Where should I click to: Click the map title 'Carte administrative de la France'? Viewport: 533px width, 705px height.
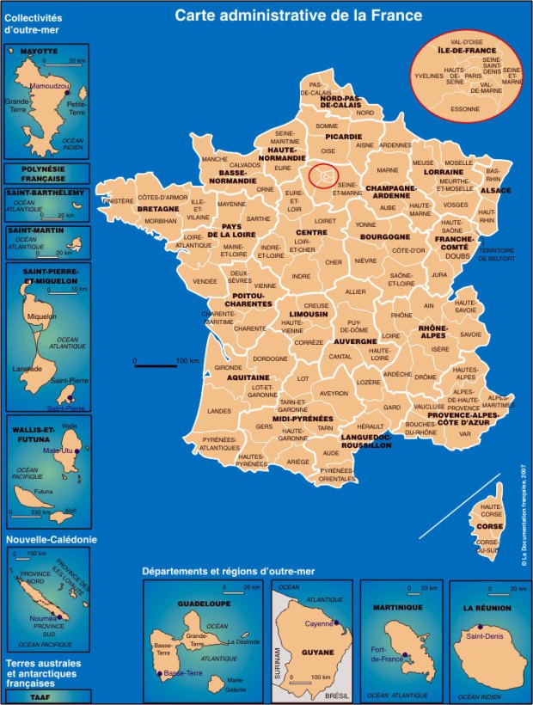click(x=298, y=15)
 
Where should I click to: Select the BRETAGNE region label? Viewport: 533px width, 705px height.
click(x=158, y=209)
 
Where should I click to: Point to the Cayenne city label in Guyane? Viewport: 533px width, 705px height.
click(x=318, y=622)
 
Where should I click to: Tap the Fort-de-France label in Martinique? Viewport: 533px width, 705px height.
click(x=387, y=654)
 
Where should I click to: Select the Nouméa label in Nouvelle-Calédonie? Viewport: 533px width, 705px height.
click(x=42, y=617)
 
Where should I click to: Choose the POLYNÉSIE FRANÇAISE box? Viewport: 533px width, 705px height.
click(x=47, y=175)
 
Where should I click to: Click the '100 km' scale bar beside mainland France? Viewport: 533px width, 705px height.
click(x=156, y=365)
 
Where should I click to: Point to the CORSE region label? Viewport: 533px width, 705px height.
click(x=489, y=525)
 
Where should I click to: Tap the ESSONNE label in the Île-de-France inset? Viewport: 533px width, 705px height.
click(x=465, y=109)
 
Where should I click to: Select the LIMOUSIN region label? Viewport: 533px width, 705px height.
click(x=308, y=314)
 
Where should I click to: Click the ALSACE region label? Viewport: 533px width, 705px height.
click(x=495, y=190)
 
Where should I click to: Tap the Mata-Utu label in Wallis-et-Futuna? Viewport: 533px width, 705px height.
click(x=58, y=451)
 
